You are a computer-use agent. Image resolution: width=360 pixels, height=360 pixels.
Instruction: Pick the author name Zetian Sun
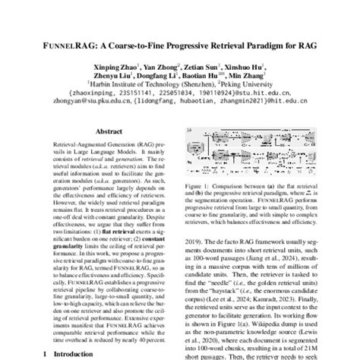pyautogui.click(x=198, y=67)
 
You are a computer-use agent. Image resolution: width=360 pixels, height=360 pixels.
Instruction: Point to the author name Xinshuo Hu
pyautogui.click(x=243, y=67)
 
